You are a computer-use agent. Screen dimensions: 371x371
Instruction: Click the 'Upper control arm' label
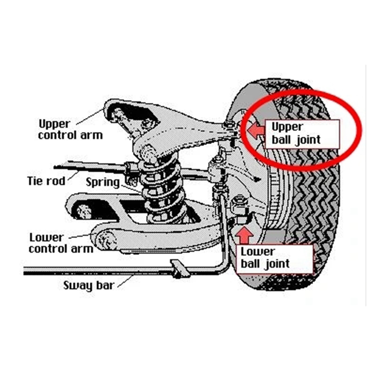pos(70,130)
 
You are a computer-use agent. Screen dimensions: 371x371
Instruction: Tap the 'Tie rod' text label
pos(46,181)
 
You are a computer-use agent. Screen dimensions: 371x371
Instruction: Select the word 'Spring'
pos(102,183)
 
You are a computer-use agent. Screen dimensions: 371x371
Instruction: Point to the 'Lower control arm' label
pos(61,243)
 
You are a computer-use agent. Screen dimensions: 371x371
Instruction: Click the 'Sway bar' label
pos(89,286)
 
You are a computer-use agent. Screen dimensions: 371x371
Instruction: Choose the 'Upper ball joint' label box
pos(302,134)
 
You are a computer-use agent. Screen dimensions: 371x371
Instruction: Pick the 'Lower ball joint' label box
pos(275,259)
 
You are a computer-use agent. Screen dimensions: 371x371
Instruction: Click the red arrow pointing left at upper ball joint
pos(256,131)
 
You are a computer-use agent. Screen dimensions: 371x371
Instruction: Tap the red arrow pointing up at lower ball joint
pos(245,235)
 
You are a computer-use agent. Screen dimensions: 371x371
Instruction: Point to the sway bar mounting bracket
pos(179,269)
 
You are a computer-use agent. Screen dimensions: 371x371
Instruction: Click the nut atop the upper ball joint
pos(229,124)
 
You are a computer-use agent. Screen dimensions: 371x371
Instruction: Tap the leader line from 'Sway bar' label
pos(125,281)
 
